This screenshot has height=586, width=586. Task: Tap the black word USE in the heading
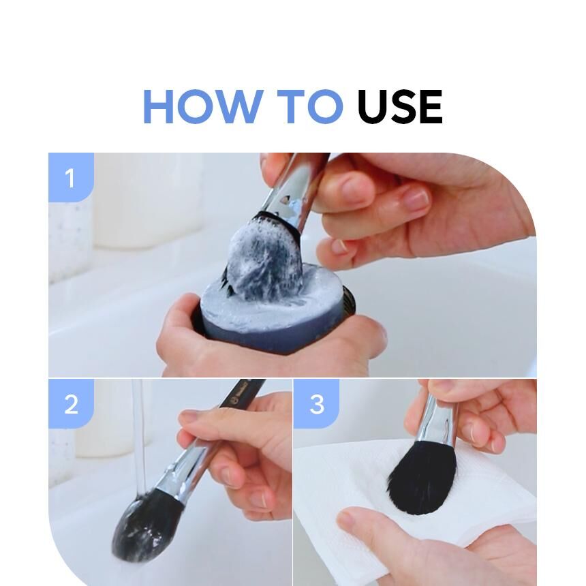pyautogui.click(x=400, y=106)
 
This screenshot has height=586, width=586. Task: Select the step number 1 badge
pyautogui.click(x=71, y=178)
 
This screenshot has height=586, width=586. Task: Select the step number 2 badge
pyautogui.click(x=71, y=403)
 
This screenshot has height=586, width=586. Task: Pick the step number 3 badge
pyautogui.click(x=316, y=403)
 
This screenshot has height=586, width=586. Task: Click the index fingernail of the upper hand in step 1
pyautogui.click(x=418, y=198)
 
